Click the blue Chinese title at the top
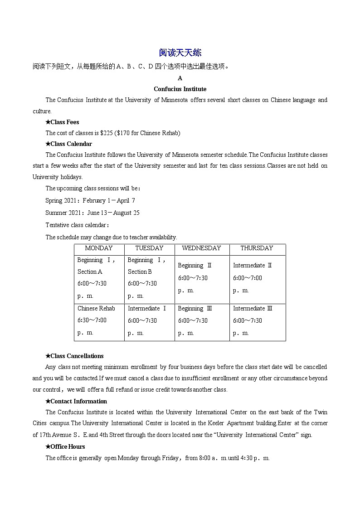(x=180, y=53)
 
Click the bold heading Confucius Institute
(x=180, y=89)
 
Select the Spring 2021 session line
(x=90, y=200)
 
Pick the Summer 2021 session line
(x=92, y=213)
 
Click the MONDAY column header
(x=99, y=248)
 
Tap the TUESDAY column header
(x=149, y=248)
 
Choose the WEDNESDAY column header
(x=201, y=248)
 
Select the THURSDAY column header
(x=257, y=248)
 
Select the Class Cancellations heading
(x=74, y=356)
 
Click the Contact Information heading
(x=76, y=401)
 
